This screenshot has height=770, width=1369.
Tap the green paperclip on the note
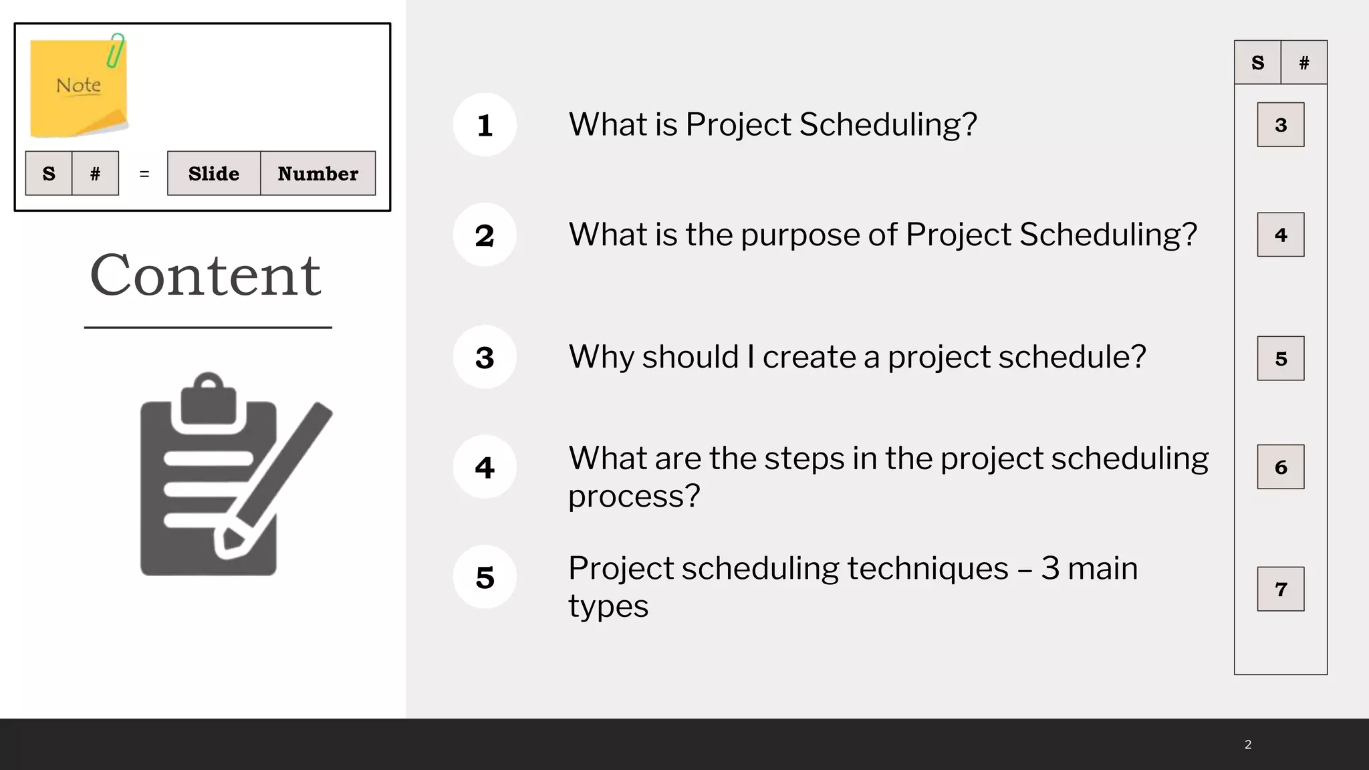point(116,51)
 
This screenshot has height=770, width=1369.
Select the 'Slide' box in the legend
point(214,174)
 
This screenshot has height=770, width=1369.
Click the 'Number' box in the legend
point(318,174)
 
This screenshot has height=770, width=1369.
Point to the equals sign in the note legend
point(144,174)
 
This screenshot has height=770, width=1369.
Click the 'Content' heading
point(206,275)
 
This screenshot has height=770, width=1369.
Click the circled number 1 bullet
point(485,125)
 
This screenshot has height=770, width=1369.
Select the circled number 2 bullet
point(485,235)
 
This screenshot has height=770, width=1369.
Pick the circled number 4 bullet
point(485,467)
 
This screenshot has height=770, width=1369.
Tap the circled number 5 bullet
point(485,577)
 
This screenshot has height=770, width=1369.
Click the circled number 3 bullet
point(485,357)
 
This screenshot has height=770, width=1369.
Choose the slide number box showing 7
point(1280,589)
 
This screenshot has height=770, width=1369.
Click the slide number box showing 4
point(1280,235)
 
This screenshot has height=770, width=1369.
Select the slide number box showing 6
point(1280,467)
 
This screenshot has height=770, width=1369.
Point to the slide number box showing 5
point(1280,358)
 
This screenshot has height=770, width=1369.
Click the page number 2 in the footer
point(1248,745)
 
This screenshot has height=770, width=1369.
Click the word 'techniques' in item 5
point(927,569)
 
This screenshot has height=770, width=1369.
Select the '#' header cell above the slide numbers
point(1303,63)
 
